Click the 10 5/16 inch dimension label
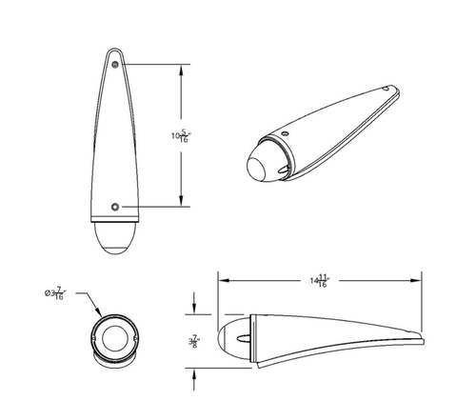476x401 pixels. [x=181, y=135]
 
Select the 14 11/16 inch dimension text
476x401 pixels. [x=320, y=281]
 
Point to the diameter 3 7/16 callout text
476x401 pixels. [x=55, y=293]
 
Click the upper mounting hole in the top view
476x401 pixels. [x=115, y=65]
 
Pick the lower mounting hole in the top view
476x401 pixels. [x=115, y=207]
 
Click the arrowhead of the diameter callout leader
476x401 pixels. [x=98, y=311]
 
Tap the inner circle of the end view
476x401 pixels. [x=115, y=338]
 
